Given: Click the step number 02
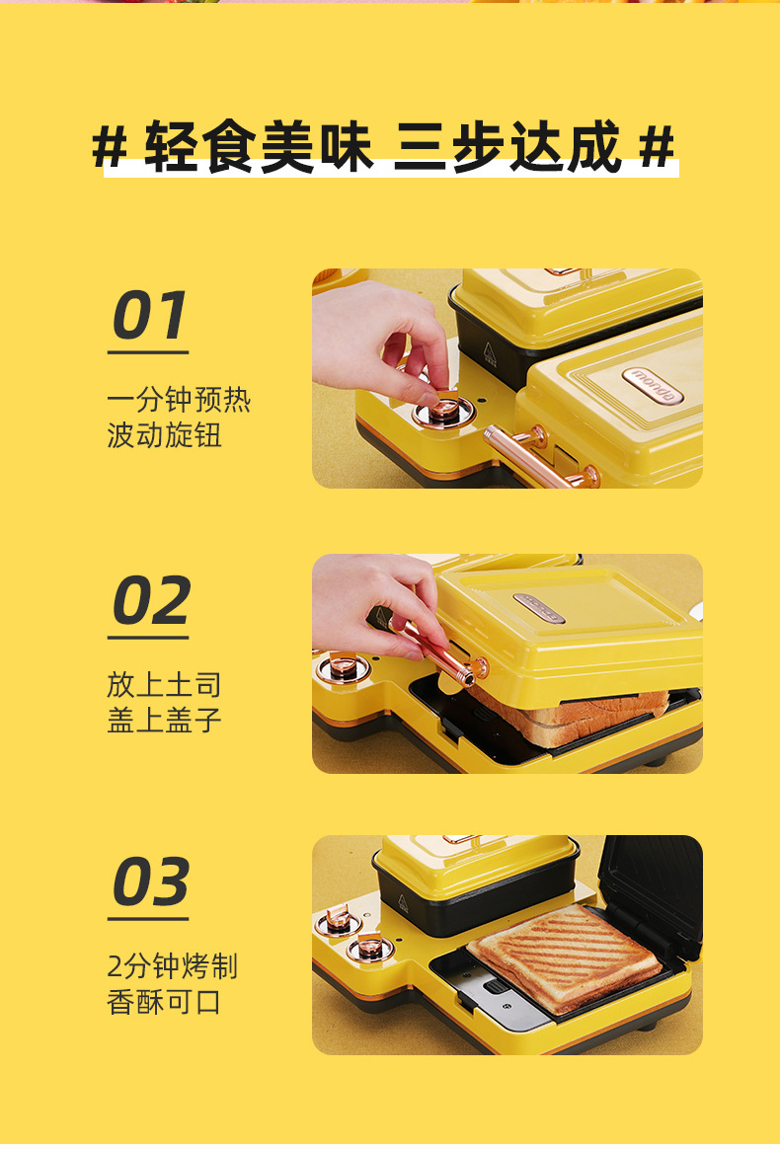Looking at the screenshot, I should [x=150, y=601].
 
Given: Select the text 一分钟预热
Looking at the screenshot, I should [x=179, y=400].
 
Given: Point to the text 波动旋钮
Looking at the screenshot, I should [x=164, y=435].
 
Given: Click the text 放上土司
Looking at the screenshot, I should [x=164, y=684].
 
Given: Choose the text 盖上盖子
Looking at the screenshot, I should [x=164, y=720].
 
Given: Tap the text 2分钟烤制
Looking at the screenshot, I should [x=172, y=966].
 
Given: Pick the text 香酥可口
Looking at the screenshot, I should [x=164, y=1002].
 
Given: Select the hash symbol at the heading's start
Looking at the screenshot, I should [x=110, y=148].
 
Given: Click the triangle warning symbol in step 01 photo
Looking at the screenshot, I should [x=487, y=350].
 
